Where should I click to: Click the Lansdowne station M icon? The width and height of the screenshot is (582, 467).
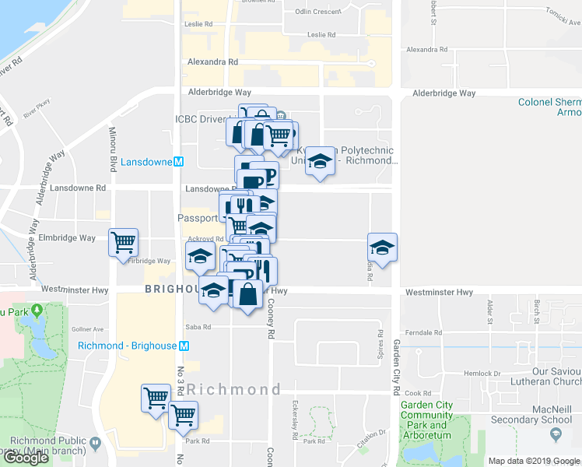(178, 162)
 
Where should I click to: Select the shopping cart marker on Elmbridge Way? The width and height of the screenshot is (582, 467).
(123, 243)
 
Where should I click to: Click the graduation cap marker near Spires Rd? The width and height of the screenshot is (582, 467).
(382, 248)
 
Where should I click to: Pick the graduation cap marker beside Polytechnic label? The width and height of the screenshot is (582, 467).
(318, 161)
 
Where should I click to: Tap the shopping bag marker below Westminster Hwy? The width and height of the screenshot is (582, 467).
(247, 295)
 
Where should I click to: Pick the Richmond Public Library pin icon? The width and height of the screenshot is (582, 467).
(96, 444)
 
